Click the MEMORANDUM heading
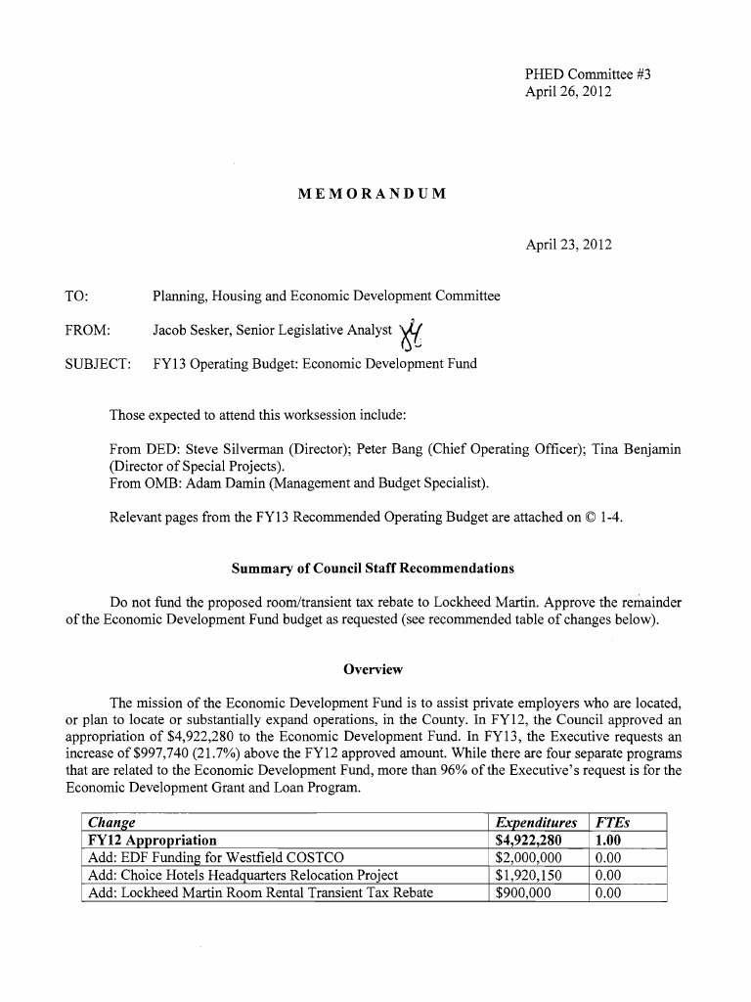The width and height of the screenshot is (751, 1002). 372,194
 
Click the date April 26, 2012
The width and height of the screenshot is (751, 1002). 568,92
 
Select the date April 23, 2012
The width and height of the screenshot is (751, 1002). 568,245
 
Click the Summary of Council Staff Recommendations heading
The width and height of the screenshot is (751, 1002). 372,569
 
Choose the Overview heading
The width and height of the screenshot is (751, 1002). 373,669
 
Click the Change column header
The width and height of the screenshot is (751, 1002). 111,823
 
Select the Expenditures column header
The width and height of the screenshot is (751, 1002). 536,823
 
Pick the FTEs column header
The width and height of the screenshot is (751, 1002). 611,823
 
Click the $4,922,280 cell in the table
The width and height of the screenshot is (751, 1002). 529,841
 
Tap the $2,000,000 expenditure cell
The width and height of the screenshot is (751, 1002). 529,858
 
